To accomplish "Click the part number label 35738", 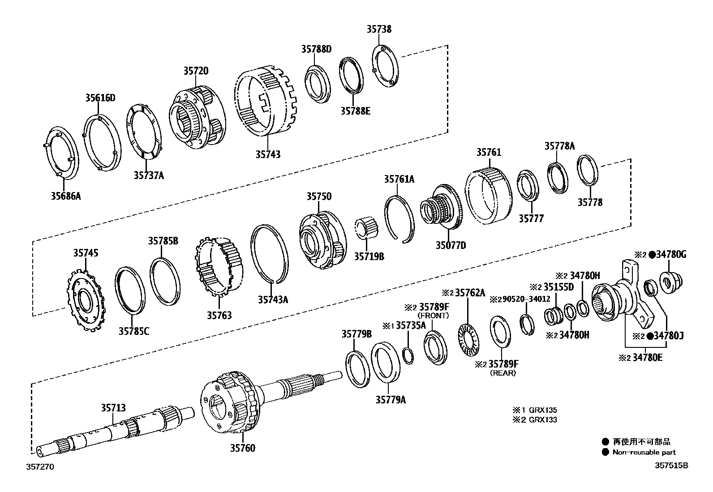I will (379, 30).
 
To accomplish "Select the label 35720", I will (195, 71).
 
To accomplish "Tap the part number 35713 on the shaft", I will (113, 408).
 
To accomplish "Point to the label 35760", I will (243, 448).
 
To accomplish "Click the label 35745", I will (86, 253).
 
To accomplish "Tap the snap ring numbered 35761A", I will (399, 219).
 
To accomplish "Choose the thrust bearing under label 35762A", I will (468, 340).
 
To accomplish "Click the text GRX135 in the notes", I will (543, 410).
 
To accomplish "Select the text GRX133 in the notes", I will (543, 420).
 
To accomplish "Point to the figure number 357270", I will (39, 466).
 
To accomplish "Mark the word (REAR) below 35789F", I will (503, 373).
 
